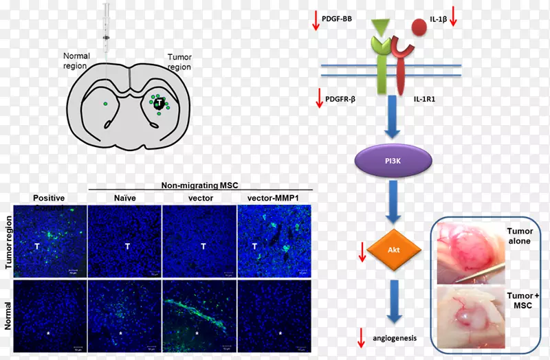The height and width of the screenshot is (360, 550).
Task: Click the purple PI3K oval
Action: [x=393, y=162]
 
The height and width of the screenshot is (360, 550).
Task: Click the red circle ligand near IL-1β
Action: [x=418, y=27]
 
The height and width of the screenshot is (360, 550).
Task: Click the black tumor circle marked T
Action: [x=159, y=104]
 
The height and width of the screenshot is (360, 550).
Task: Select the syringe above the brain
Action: [x=107, y=27]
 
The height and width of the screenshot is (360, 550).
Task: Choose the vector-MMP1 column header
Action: [x=273, y=196]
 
